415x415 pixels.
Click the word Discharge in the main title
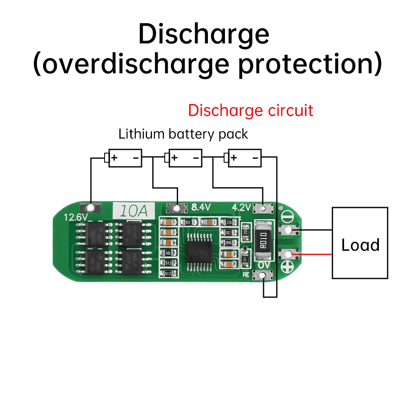click(x=203, y=34)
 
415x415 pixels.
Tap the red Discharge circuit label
click(x=250, y=110)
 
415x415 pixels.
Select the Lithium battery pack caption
click(x=183, y=134)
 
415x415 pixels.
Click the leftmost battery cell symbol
click(x=124, y=158)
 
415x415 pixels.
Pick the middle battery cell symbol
click(x=184, y=158)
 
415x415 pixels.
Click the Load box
click(x=360, y=243)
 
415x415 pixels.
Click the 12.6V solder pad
click(x=90, y=208)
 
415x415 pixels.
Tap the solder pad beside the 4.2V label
click(x=263, y=208)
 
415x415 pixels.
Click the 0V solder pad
click(x=263, y=275)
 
